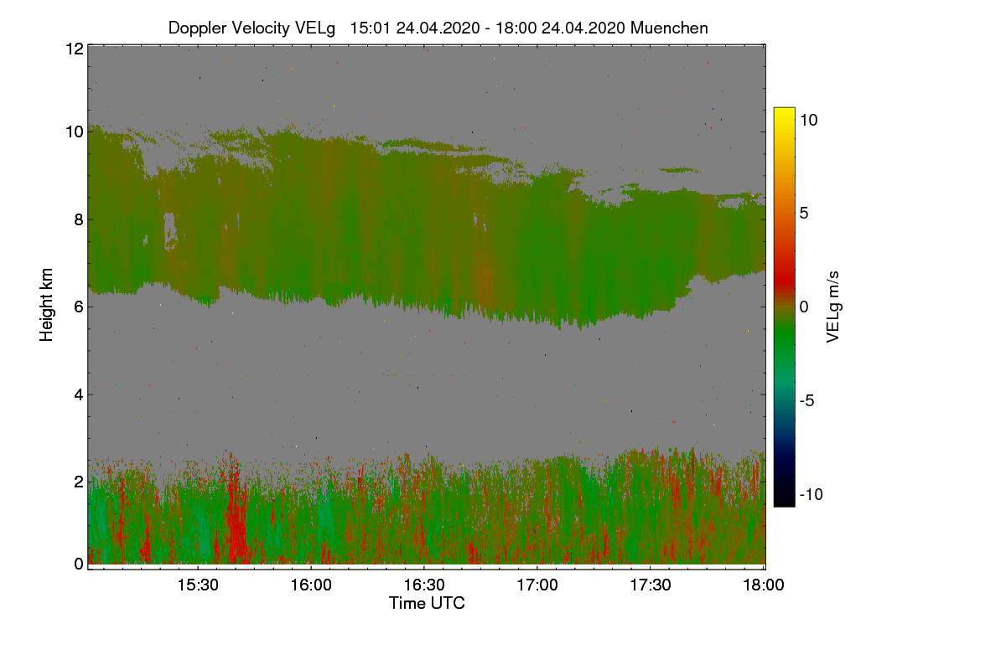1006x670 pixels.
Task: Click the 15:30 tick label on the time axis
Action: (198, 585)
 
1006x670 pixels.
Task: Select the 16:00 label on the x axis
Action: (311, 585)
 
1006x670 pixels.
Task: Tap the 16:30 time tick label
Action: (424, 585)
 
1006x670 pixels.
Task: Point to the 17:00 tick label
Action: (537, 585)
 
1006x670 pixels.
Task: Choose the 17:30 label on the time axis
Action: (651, 585)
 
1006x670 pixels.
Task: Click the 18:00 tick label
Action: (764, 585)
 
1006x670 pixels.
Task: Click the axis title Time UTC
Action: (427, 603)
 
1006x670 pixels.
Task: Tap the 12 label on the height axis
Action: (73, 49)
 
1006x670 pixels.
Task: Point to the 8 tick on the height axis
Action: (78, 220)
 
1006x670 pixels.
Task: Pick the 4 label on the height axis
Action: (78, 394)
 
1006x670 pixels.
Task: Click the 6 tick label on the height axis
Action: (78, 307)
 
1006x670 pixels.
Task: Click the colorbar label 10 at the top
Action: (808, 120)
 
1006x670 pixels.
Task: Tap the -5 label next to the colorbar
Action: (809, 400)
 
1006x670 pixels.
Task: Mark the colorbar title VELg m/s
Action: (832, 307)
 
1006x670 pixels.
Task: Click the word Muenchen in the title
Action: (669, 28)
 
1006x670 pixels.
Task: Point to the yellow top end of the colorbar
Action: (784, 111)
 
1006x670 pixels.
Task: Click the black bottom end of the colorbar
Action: (784, 502)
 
